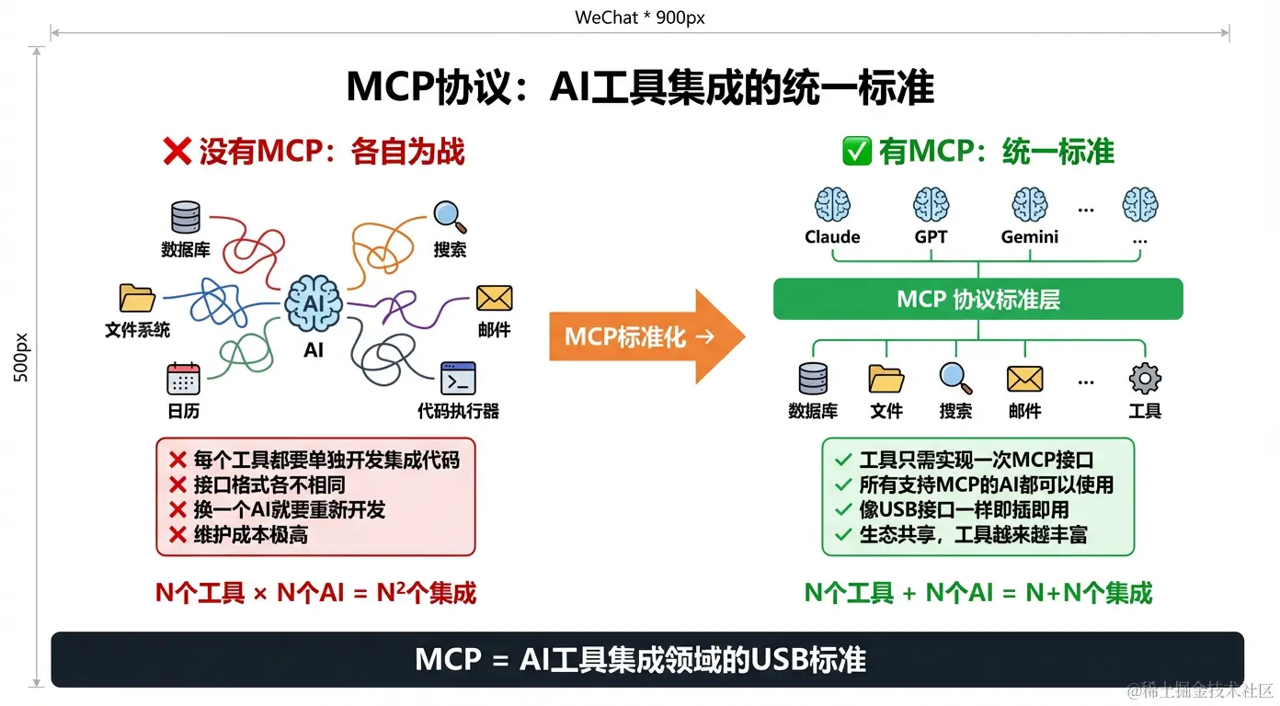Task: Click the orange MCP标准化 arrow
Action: [644, 336]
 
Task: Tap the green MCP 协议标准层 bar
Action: [977, 300]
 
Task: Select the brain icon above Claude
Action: [832, 204]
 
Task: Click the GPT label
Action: [931, 237]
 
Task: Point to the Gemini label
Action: [1029, 237]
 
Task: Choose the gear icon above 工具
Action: [1145, 378]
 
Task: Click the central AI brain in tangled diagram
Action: [314, 303]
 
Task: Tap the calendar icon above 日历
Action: [183, 378]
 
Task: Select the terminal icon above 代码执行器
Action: [458, 378]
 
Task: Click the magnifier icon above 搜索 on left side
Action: [450, 217]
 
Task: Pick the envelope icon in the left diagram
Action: [494, 298]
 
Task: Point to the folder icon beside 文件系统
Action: [137, 298]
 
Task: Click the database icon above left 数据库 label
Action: [185, 217]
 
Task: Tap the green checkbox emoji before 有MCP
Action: [856, 152]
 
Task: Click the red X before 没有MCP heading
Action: [177, 152]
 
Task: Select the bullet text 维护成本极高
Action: [250, 535]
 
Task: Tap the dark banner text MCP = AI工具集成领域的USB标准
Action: [640, 659]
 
